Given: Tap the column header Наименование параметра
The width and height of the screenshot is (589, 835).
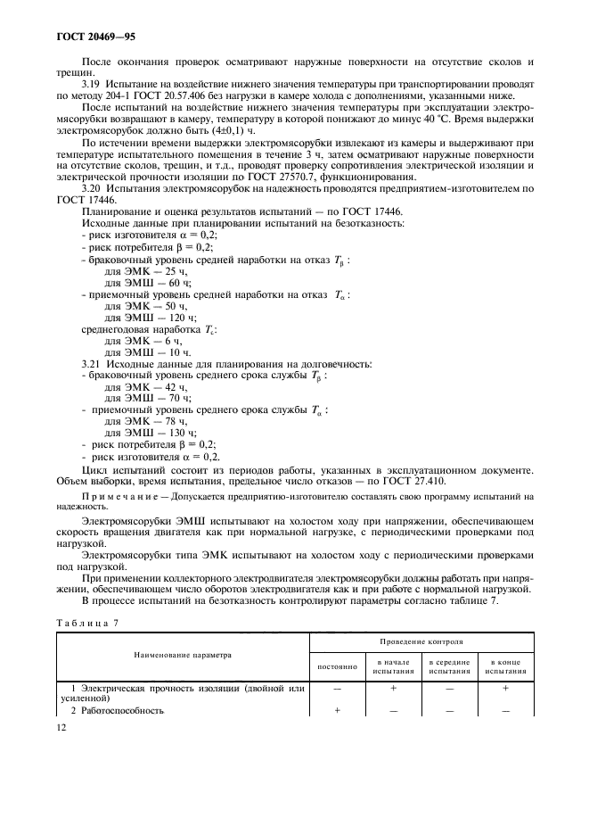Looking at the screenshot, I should click(183, 654).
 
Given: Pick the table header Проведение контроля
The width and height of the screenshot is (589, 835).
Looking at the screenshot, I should click(421, 641).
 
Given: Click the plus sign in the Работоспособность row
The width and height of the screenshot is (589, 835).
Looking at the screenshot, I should click(337, 710).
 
